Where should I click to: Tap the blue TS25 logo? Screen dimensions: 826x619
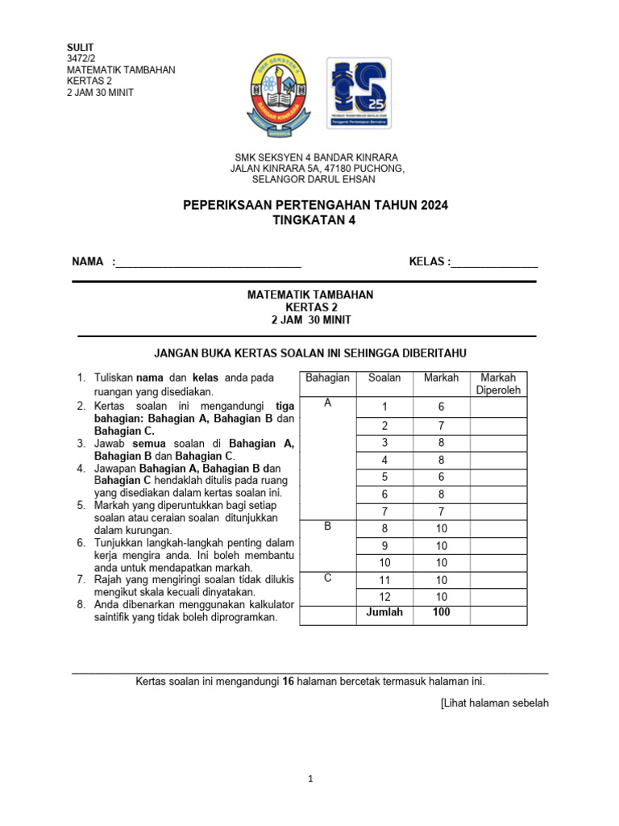[x=359, y=94]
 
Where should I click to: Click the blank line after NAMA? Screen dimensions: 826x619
[x=209, y=261]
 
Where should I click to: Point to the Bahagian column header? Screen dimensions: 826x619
[x=327, y=378]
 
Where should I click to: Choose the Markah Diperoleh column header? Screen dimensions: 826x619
[x=498, y=384]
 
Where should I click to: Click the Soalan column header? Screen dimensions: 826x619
[x=384, y=378]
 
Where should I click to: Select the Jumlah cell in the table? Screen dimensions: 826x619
[x=384, y=612]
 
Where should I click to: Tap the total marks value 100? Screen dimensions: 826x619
[x=441, y=612]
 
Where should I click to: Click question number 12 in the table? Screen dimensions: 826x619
[x=384, y=596]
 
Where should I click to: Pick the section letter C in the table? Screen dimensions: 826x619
[x=327, y=578]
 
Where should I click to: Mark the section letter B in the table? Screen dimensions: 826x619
[x=327, y=526]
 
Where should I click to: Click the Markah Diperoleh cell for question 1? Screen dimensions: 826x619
[x=498, y=407]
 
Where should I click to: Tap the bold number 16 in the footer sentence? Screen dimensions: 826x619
[x=288, y=682]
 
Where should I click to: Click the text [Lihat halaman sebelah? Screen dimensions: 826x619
[x=494, y=703]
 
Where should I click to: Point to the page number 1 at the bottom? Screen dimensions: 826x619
[x=310, y=779]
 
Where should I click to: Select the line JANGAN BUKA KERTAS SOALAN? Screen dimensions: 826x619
[x=310, y=353]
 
